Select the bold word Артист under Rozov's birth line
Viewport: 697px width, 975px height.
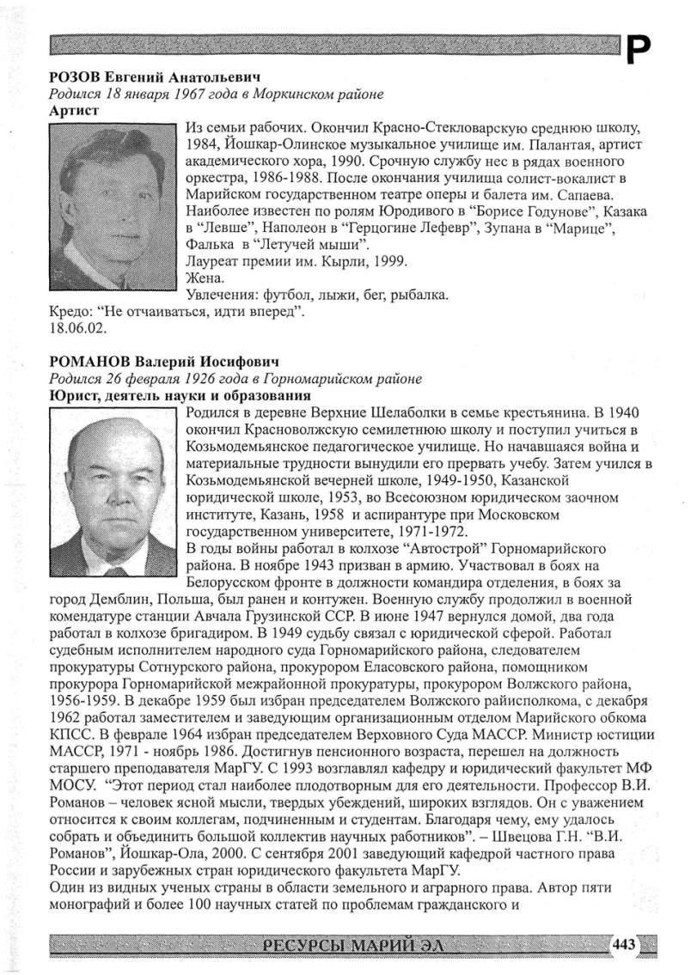coord(73,110)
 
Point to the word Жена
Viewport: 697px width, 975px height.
coord(204,278)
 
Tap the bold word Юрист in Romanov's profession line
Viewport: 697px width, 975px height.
coord(72,395)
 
